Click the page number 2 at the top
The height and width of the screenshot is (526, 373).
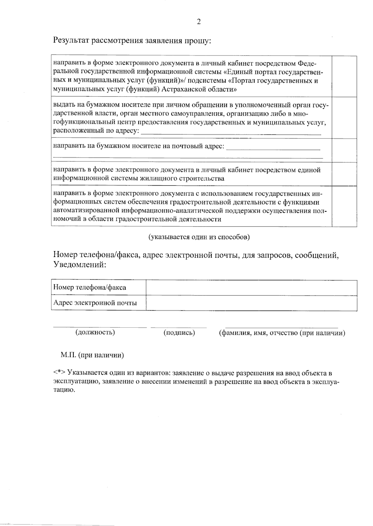tap(199, 21)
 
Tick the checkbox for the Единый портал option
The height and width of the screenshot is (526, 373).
tap(344, 76)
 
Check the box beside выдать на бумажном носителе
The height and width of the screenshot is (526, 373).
tap(344, 118)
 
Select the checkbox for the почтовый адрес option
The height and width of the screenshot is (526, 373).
tap(344, 150)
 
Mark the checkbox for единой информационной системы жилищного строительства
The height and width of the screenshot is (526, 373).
tap(344, 174)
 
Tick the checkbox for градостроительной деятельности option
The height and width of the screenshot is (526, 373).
tap(344, 206)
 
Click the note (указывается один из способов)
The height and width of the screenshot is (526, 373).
tap(199, 237)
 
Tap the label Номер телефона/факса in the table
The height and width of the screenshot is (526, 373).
tap(90, 287)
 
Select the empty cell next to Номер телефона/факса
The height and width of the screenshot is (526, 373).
tap(251, 288)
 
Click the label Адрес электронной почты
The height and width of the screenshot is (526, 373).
tap(95, 303)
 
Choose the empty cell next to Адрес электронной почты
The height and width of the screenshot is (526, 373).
tap(251, 303)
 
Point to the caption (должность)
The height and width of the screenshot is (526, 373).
tap(95, 332)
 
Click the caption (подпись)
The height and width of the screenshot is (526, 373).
tap(179, 333)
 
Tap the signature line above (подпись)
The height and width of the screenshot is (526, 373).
tap(178, 327)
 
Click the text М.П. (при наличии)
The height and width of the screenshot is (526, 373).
tap(92, 355)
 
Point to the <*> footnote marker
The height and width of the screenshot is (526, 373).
tap(59, 373)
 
